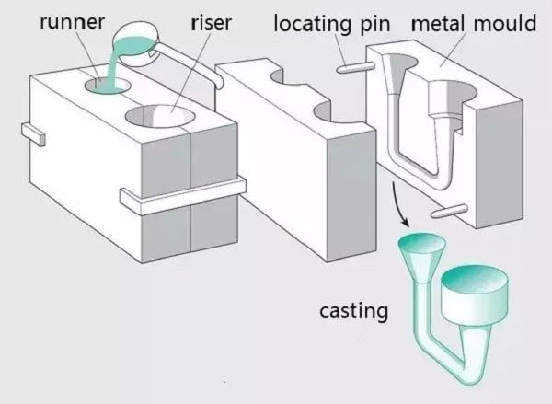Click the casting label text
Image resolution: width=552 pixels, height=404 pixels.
353,312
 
